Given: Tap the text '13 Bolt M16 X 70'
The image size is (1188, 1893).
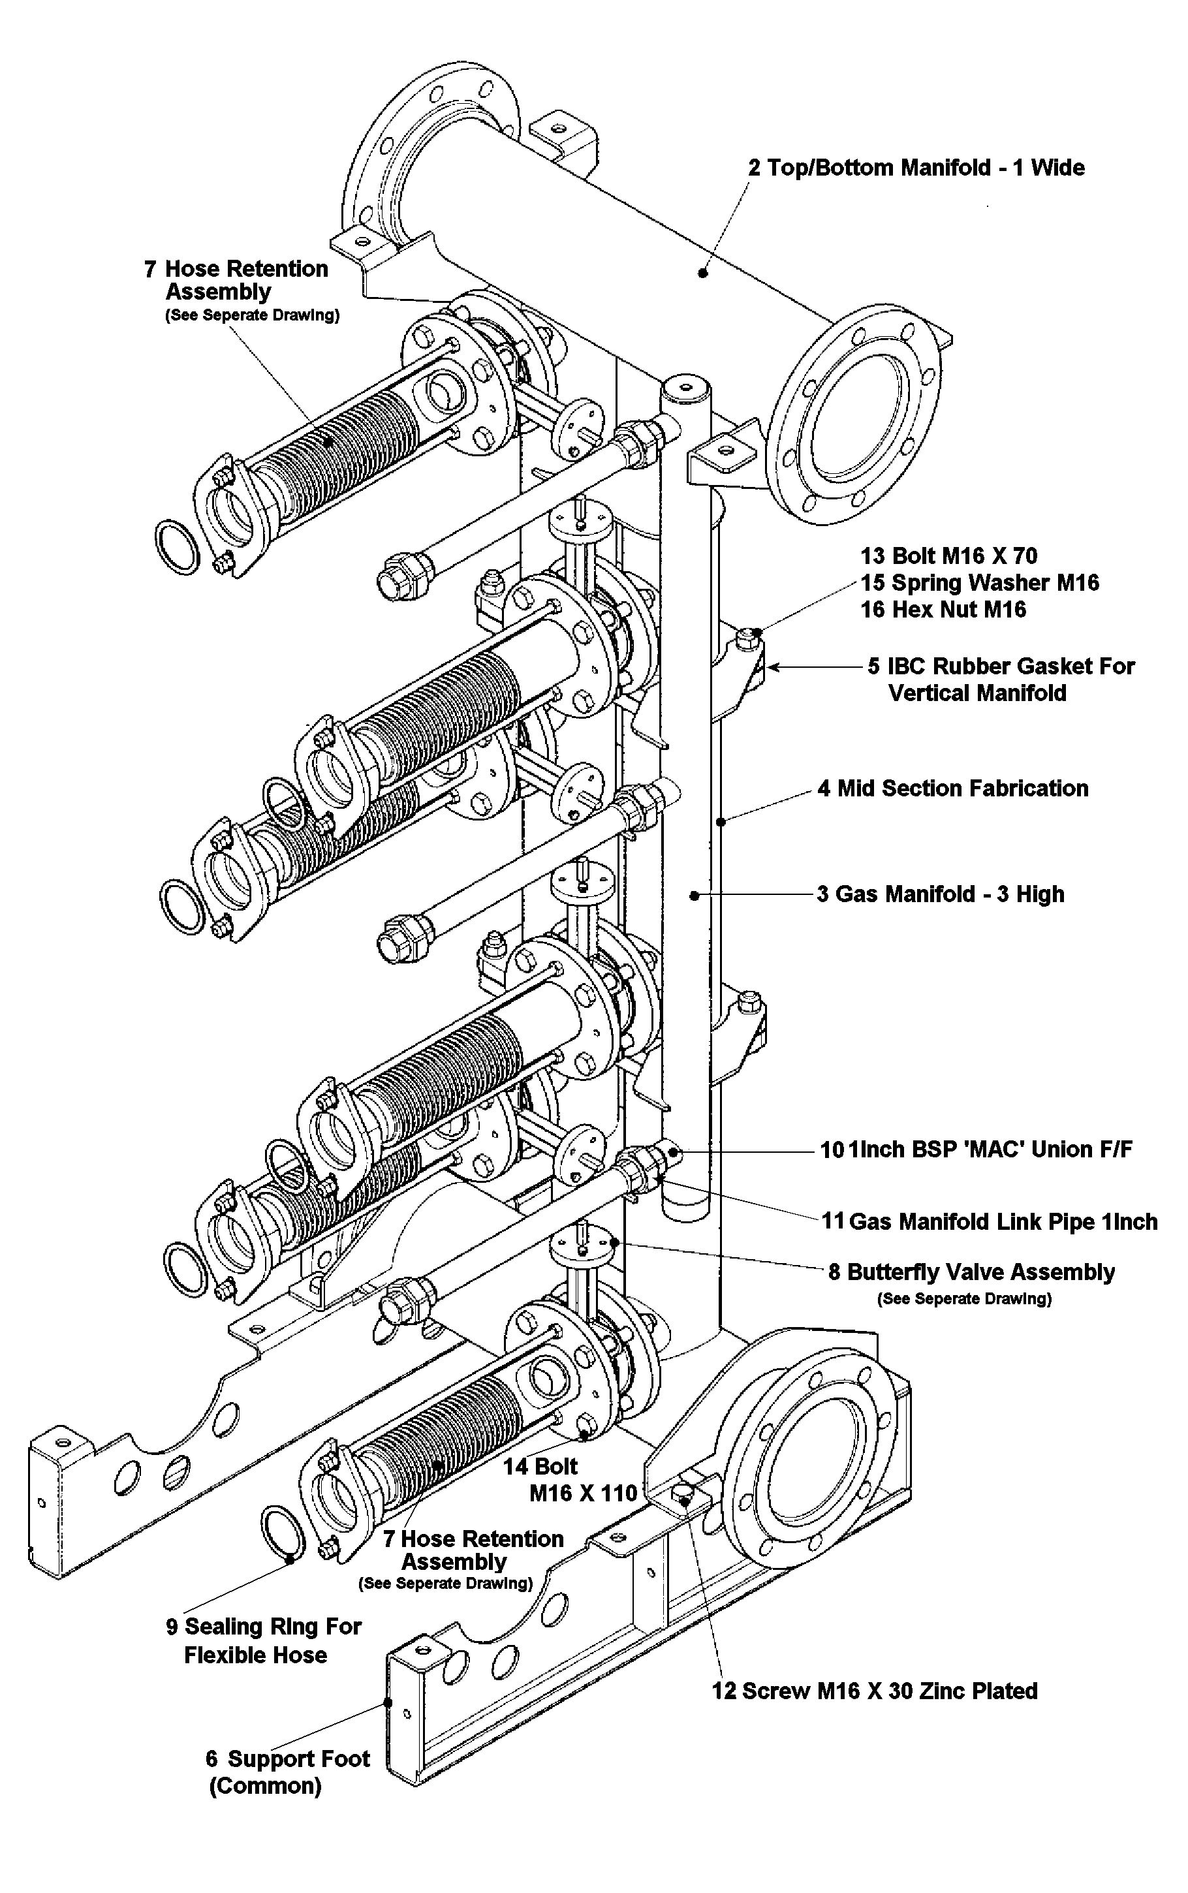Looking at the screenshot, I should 948,556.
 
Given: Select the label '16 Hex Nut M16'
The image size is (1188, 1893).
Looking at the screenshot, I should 943,610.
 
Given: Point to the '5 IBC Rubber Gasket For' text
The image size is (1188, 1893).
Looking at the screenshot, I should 1001,667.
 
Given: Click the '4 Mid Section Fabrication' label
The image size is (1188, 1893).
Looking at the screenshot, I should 952,789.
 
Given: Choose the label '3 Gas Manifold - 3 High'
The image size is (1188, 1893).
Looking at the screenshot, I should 941,894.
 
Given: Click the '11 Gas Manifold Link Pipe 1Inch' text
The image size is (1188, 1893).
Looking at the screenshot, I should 989,1221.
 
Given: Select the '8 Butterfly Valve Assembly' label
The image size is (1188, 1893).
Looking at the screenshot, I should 971,1272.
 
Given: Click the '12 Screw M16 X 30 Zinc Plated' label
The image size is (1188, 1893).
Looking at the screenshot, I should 875,1691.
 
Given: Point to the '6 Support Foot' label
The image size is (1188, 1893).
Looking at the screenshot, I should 288,1759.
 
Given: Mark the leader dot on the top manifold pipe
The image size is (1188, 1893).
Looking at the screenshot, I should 703,273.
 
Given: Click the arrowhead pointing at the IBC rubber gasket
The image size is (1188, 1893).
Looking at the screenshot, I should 772,667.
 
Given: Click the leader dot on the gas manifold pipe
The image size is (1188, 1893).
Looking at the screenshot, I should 694,895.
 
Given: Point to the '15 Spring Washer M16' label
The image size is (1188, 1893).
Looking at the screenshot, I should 979,583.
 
